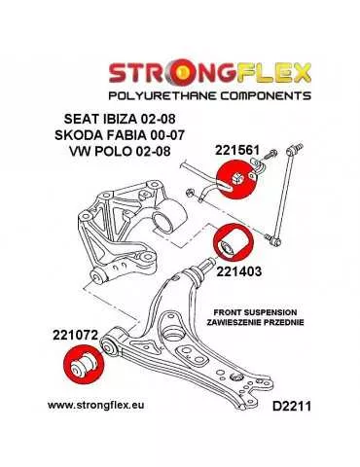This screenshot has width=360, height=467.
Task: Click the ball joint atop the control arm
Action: tap(207, 267)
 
